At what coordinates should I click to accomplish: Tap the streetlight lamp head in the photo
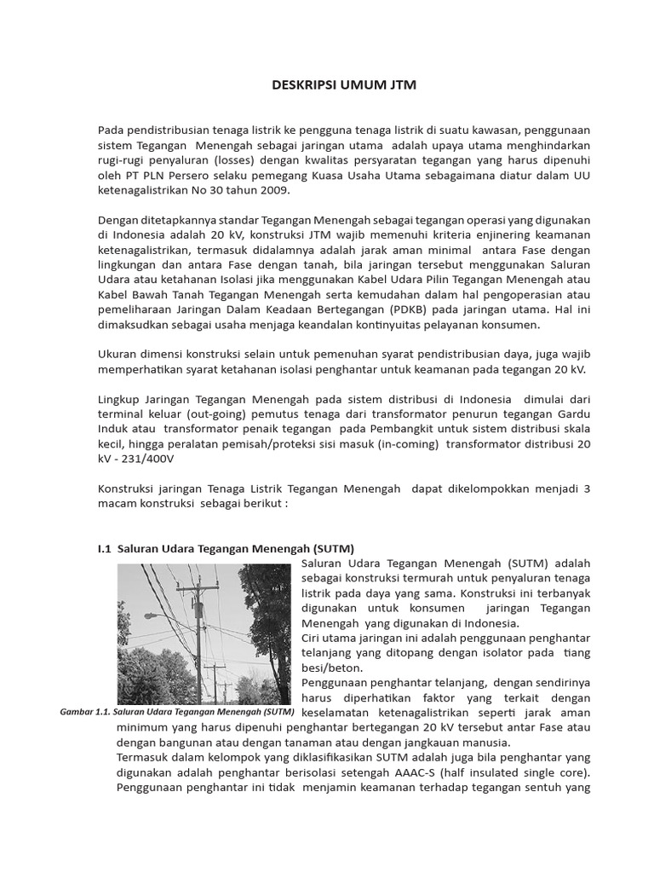[x=151, y=615]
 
